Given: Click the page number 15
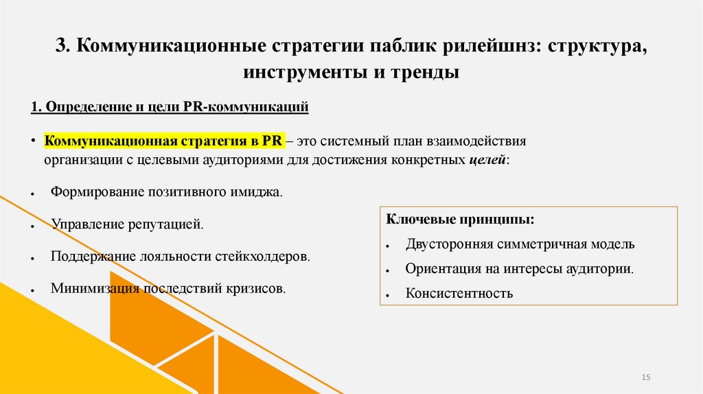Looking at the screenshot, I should click(645, 378).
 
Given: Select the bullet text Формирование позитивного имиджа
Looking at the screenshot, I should click(166, 192).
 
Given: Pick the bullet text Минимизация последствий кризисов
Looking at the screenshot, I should click(168, 288).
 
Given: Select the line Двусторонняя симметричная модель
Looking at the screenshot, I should click(520, 244).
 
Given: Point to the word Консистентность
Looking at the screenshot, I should click(459, 294).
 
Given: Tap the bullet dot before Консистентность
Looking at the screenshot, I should click(388, 295).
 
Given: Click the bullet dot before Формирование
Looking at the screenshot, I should click(33, 194).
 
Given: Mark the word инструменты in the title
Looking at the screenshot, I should click(301, 71).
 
